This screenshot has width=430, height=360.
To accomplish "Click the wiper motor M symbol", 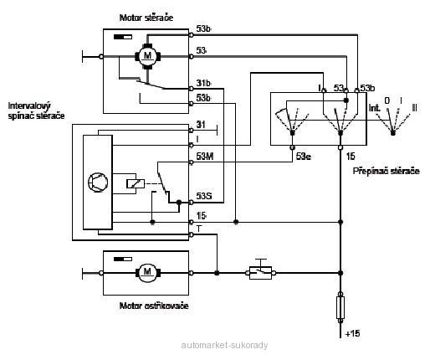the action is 147,56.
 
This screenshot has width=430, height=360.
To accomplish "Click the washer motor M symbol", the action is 147,273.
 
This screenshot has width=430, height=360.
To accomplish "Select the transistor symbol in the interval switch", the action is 98,183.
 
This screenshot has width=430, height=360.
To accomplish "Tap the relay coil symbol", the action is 136,183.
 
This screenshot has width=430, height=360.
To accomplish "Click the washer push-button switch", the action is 260,270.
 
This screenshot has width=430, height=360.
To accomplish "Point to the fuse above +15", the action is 340,308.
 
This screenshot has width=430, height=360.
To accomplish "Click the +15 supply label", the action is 352,333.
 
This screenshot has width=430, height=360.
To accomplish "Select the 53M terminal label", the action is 205,157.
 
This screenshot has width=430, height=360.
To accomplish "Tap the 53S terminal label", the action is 204,196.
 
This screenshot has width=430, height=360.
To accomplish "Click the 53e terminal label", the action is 304,157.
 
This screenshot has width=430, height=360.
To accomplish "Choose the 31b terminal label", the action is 203,83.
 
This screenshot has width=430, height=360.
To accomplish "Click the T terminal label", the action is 199,229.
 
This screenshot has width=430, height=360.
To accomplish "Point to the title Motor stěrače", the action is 146,18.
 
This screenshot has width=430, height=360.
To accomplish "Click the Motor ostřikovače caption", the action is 154,306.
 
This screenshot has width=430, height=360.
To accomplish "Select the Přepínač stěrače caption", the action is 386,171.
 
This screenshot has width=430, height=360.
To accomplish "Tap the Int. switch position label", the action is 374,108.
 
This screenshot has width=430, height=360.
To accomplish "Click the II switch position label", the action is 414,108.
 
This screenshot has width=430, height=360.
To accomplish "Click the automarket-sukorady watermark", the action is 224,345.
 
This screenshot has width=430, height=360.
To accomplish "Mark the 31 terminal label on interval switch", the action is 201,125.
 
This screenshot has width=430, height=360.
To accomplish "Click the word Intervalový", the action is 29,106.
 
